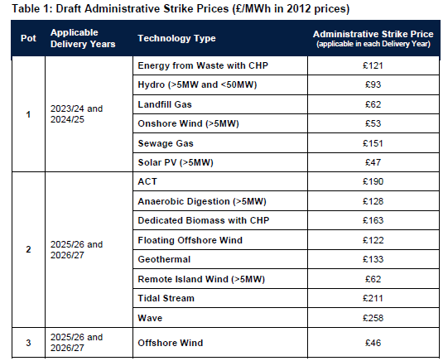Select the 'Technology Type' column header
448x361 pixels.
point(176,39)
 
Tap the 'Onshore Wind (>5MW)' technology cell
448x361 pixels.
point(184,125)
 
